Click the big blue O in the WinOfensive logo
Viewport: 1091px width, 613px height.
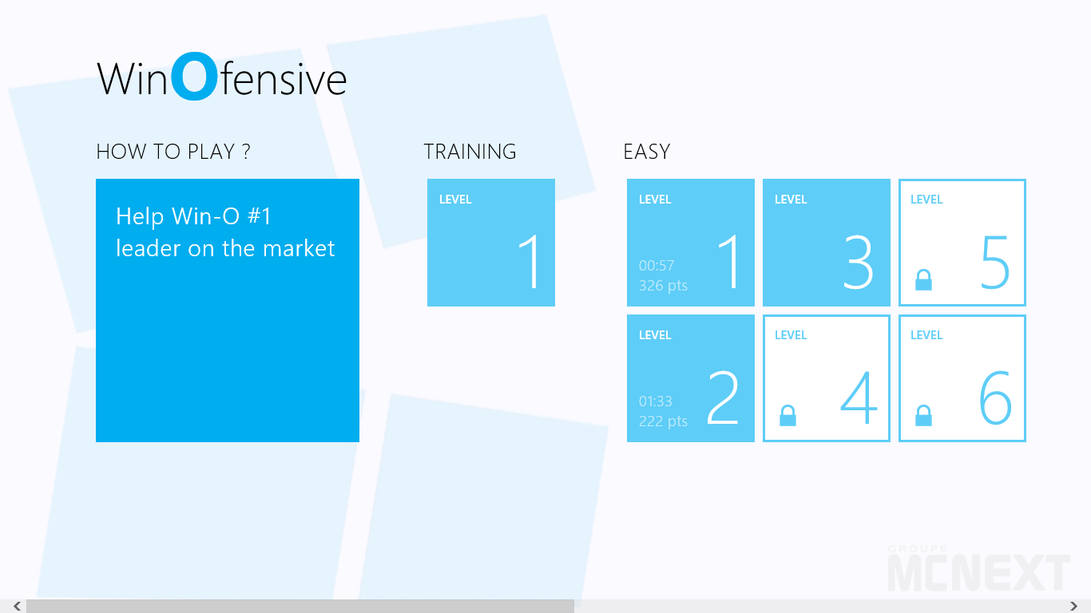point(195,77)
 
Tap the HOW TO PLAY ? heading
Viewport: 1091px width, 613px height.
point(173,152)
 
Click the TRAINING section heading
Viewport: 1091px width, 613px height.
point(470,152)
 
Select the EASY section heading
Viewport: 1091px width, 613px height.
point(647,152)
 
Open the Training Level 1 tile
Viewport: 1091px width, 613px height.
point(491,243)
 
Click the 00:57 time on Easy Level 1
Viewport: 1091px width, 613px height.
point(657,265)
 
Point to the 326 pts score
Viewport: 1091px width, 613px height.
point(663,285)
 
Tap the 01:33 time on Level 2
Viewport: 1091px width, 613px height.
point(656,401)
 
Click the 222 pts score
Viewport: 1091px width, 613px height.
point(663,421)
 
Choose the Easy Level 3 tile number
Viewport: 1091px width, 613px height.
point(858,263)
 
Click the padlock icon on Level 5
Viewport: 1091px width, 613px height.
point(923,280)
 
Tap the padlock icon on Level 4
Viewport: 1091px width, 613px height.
point(788,415)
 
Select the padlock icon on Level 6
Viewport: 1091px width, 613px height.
point(923,415)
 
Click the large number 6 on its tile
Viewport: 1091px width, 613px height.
point(994,397)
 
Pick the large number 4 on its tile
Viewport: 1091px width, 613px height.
point(859,397)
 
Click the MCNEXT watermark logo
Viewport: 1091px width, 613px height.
point(978,568)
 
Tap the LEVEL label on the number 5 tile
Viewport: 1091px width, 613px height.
point(926,200)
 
